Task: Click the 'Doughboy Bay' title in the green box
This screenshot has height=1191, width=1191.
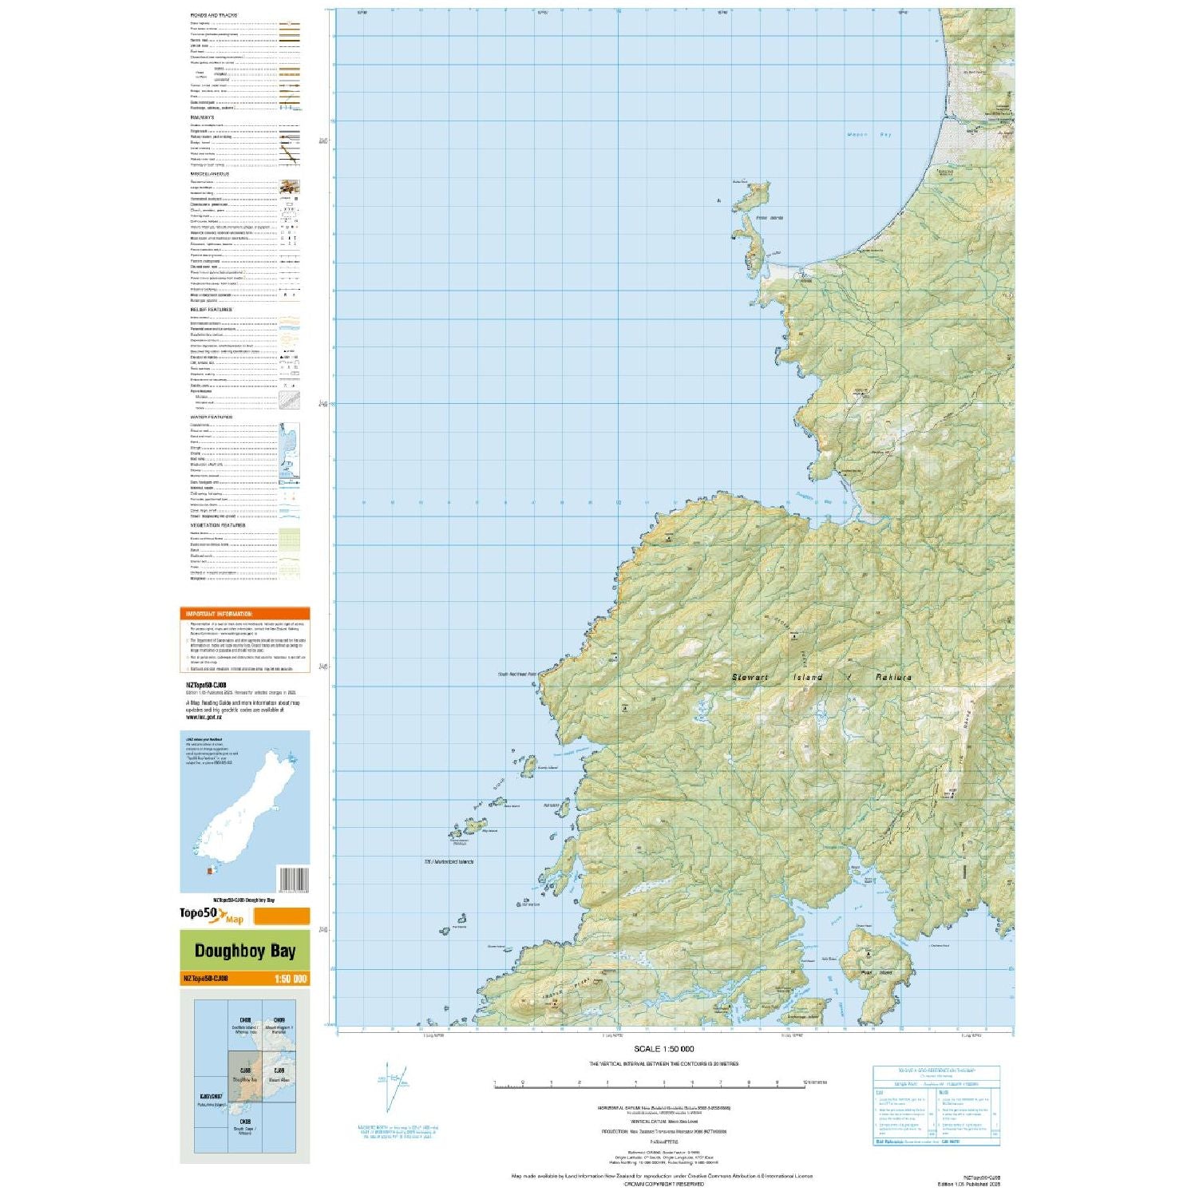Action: click(x=244, y=951)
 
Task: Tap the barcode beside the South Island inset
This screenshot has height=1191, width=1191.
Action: click(x=293, y=879)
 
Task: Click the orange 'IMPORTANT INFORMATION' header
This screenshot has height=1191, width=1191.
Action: click(x=218, y=614)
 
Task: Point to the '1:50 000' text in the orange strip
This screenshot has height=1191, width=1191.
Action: click(x=290, y=979)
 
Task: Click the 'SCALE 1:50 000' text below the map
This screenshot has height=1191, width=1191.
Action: click(x=663, y=1049)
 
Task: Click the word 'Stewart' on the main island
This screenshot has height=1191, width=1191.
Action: click(x=750, y=677)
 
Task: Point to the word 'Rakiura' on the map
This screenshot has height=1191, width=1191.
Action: click(x=893, y=677)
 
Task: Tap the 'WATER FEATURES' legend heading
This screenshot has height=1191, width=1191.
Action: click(x=212, y=417)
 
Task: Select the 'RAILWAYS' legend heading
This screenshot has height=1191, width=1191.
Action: click(x=202, y=117)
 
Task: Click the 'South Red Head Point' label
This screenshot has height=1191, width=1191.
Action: click(x=517, y=675)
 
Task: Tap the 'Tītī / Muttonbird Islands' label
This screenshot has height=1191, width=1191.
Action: click(x=449, y=861)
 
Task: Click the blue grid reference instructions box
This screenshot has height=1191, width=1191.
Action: click(x=936, y=1105)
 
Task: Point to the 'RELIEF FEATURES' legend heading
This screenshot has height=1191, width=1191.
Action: click(x=211, y=310)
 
